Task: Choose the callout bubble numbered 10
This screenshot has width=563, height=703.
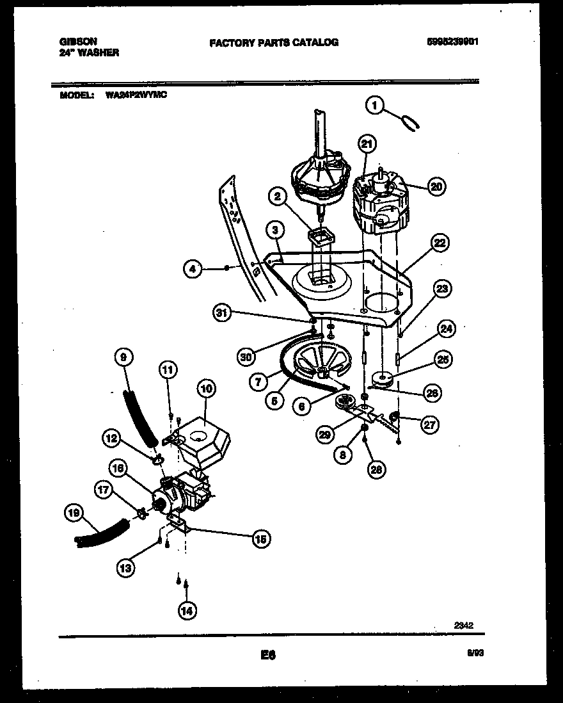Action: pos(206,389)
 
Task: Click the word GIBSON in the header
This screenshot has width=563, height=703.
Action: pos(74,40)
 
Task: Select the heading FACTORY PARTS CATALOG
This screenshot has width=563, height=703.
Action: pos(274,43)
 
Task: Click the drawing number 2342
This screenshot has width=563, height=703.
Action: pos(464,626)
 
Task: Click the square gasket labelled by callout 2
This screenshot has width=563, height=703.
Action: pos(321,237)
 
